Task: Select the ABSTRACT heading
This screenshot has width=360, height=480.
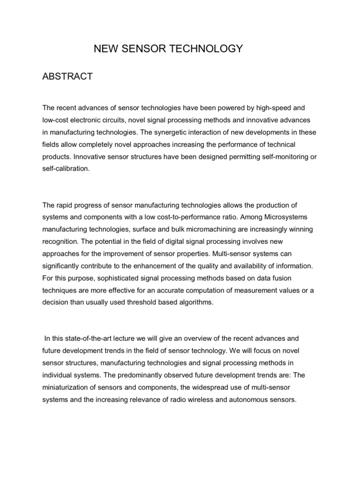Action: (x=67, y=76)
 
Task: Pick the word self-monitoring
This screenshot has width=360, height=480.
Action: (x=277, y=157)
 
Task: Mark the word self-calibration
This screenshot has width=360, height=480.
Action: (x=65, y=169)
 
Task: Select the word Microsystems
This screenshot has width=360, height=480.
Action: (x=288, y=217)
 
